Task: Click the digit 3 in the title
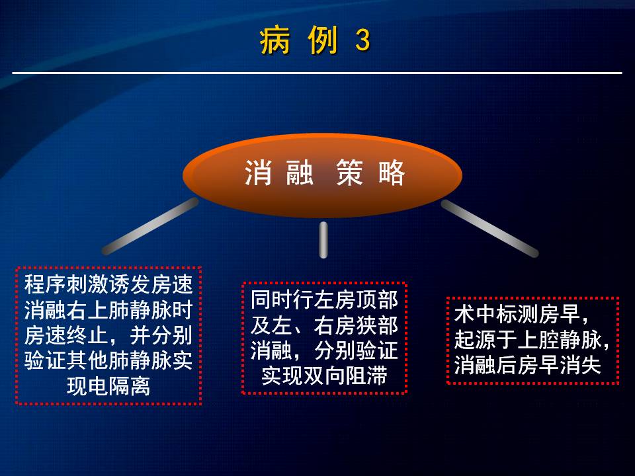coord(363,40)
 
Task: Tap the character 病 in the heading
coord(275,40)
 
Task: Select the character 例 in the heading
coord(323,40)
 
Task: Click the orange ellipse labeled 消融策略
coord(322,175)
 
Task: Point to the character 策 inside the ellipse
coord(349,173)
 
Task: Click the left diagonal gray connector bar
coord(150,226)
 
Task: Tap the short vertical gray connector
coord(323,239)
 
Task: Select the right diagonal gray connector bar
coord(489,228)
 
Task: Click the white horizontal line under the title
coord(317,73)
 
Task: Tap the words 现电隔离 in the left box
coord(108,386)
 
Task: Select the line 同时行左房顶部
coord(324,299)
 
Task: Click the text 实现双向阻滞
coord(324,376)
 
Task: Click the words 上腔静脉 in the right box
coord(559,339)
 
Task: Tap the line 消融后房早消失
coord(527,365)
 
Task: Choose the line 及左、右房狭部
coord(324,325)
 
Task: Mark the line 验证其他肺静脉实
coord(108,360)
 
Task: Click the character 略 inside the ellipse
coord(392,173)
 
